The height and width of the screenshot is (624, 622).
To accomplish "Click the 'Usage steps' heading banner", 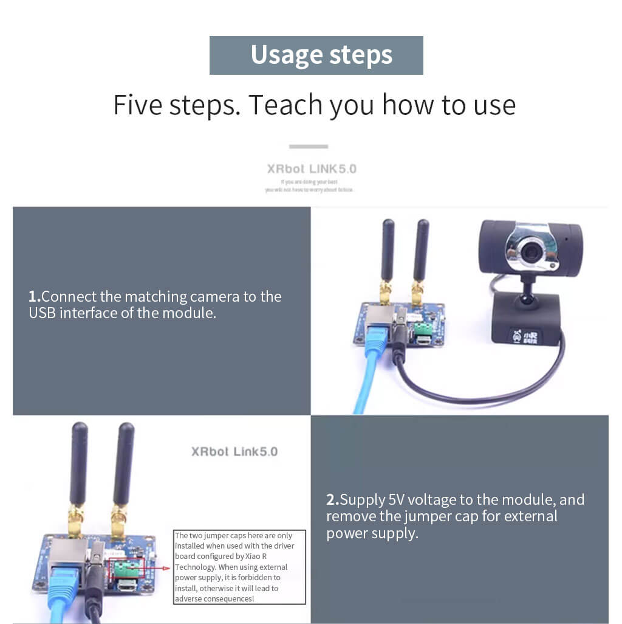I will [x=316, y=55].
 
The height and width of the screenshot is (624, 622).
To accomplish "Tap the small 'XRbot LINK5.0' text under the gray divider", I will [x=311, y=168].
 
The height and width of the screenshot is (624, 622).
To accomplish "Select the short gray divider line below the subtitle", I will [x=309, y=147].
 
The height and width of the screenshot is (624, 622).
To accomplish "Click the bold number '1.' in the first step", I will [x=35, y=297].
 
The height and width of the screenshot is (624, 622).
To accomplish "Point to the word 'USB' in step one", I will [x=43, y=313].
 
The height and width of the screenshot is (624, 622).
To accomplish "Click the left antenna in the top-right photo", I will [x=388, y=252].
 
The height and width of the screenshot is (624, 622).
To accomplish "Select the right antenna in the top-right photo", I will [x=421, y=252].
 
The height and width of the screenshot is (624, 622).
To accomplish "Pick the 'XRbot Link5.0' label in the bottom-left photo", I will [x=234, y=451].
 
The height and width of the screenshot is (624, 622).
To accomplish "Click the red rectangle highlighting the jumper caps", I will [x=127, y=568].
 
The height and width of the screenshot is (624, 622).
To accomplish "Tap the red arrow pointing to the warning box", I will [x=159, y=568].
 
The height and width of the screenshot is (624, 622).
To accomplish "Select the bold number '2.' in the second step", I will [x=332, y=501].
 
